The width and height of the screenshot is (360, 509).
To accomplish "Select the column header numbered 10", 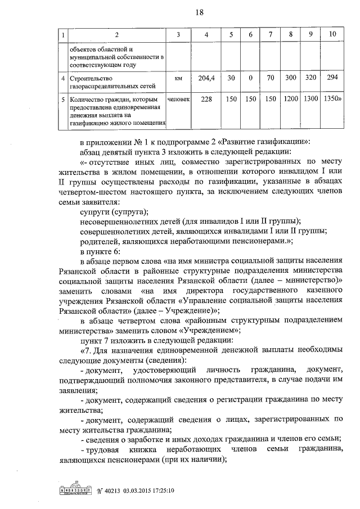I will tap(332, 35).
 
